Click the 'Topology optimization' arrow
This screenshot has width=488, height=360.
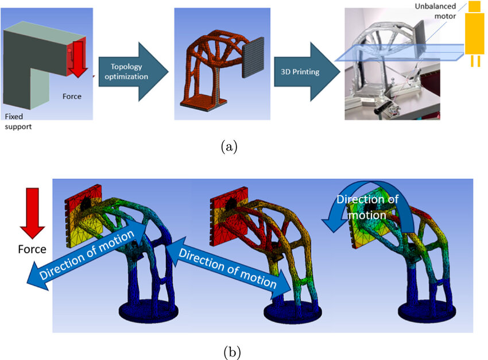133,72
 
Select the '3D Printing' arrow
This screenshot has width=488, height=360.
307,72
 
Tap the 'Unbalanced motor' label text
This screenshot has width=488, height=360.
435,11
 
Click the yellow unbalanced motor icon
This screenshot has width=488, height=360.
474,33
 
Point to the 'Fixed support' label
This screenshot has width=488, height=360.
18,121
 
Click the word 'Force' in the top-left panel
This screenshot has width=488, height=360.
72,96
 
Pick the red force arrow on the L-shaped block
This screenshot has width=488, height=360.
78,59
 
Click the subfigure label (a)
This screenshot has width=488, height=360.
229,146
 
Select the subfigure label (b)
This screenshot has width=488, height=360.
232,352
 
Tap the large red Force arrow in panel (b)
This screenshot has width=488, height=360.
32,213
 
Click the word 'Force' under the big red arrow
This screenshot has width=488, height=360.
32,249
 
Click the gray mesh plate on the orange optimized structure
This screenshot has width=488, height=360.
253,57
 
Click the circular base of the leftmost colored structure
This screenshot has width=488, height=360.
149,311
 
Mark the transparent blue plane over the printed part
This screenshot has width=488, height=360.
400,52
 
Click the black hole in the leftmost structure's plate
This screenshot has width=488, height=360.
86,204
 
